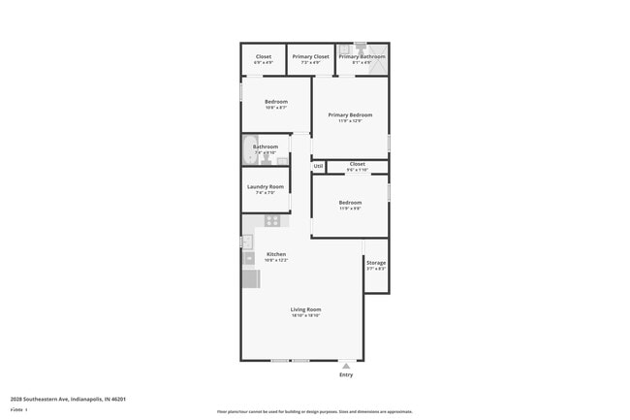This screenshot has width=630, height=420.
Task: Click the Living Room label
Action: [x=305, y=309]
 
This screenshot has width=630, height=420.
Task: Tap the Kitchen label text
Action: [x=276, y=254]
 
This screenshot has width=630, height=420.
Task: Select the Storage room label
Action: [x=376, y=263]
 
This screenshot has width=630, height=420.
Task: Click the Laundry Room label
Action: [x=265, y=186]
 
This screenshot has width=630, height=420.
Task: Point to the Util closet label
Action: [x=318, y=166]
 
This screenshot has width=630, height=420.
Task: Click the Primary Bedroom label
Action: [x=350, y=114]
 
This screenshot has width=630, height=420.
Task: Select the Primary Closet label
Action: [x=311, y=56]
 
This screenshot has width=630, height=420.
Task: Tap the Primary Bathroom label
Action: [x=362, y=56]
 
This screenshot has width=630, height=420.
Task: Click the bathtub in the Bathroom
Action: [x=247, y=150]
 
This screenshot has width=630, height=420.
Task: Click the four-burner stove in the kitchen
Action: [x=273, y=220]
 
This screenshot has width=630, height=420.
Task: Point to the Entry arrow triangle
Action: [x=346, y=365]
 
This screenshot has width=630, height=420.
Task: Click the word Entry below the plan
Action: [x=346, y=374]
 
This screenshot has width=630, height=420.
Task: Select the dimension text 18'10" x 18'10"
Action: [x=305, y=316]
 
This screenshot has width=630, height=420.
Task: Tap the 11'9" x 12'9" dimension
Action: [x=350, y=121]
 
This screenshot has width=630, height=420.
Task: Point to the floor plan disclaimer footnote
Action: [x=315, y=411]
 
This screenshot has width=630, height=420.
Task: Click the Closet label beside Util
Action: [x=357, y=164]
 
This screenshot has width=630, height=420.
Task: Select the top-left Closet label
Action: [x=264, y=56]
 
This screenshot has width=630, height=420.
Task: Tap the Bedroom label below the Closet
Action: [x=350, y=202]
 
